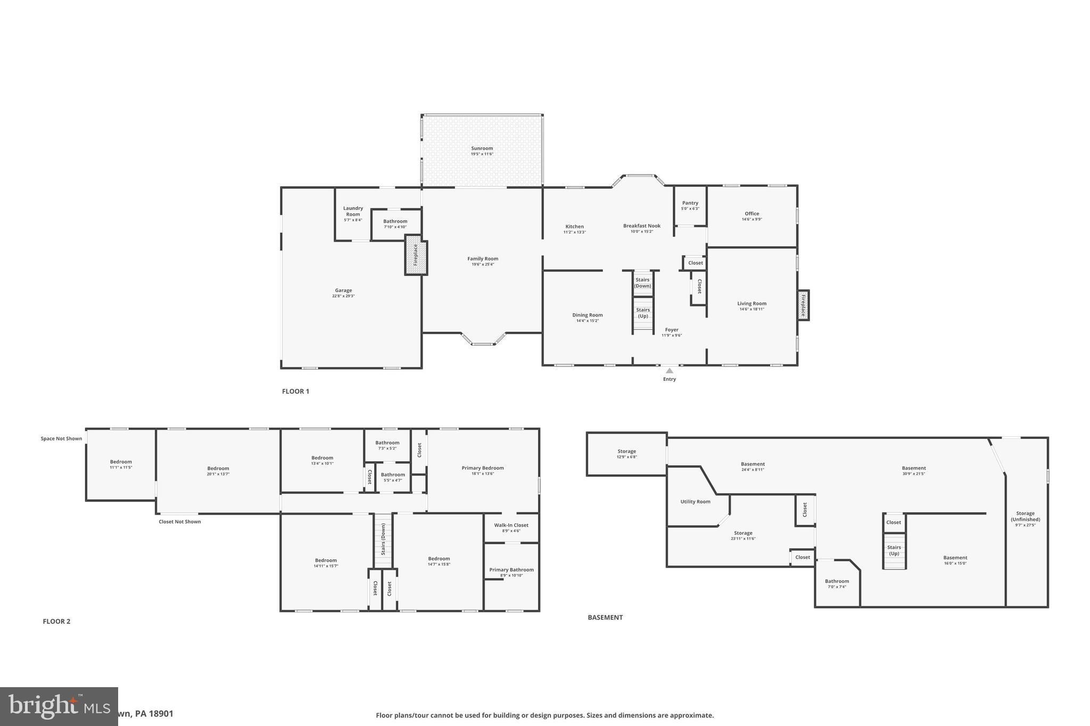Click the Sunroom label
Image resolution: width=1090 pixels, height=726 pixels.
pos(482,148)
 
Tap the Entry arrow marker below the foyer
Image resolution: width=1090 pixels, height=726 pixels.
pos(670,371)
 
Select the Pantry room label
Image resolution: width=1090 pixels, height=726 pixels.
pos(690,203)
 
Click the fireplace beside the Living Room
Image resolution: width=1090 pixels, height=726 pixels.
pos(803,305)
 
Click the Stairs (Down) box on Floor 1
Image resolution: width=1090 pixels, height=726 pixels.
pos(643,283)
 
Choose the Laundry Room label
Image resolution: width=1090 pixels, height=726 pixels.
pos(353,211)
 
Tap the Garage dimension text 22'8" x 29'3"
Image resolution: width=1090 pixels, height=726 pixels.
pos(343,296)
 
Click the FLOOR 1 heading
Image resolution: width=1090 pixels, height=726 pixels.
pos(295,391)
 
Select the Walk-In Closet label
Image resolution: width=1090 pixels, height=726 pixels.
pos(511,525)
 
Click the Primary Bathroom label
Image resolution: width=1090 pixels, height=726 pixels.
pos(511,570)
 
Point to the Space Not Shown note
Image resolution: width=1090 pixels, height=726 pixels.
pos(61,439)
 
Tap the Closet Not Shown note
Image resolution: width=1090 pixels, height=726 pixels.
pos(179,522)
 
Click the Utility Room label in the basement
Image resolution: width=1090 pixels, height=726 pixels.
pos(695,502)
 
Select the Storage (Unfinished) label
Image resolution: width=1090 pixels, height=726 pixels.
pos(1025,516)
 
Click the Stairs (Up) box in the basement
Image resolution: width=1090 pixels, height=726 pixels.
pos(894,550)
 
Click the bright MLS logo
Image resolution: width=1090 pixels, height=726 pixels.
pos(59,706)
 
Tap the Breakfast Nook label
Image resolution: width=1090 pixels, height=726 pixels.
pos(642,226)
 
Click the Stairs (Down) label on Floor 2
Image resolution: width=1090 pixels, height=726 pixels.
pos(383,539)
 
